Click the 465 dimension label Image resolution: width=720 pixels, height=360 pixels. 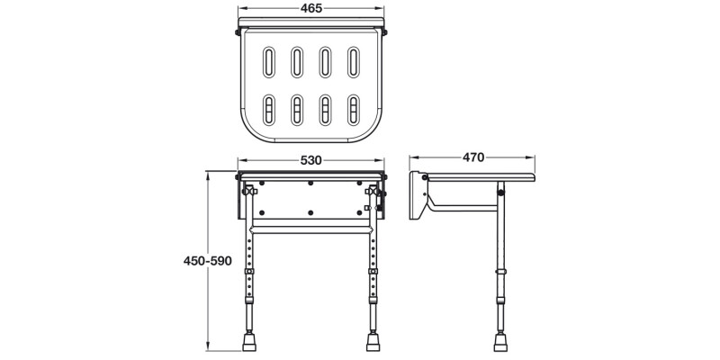pos(310,7)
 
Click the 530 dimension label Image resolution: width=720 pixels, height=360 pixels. pos(310,160)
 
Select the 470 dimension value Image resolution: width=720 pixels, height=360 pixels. pos(474,157)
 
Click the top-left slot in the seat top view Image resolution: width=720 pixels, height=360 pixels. pos(268,65)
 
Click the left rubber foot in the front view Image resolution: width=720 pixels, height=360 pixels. pos(248,343)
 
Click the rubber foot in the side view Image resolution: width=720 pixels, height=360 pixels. pos(499,343)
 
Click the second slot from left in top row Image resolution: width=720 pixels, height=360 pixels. pos(296,65)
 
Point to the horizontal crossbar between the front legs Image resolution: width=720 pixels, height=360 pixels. pos(310,229)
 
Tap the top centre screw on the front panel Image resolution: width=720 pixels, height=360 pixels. pos(310,184)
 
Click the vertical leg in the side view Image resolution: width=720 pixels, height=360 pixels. pos(499,270)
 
